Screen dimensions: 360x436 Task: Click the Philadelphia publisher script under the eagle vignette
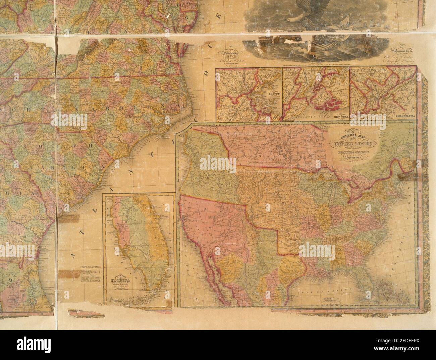pyautogui.click(x=228, y=53)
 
